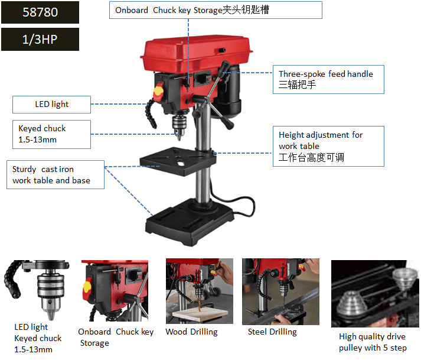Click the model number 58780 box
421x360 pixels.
pyautogui.click(x=40, y=12)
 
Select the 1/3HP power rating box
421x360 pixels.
pyautogui.click(x=40, y=39)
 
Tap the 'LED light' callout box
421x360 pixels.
pyautogui.click(x=51, y=105)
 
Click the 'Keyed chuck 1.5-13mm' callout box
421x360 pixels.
pyautogui.click(x=51, y=134)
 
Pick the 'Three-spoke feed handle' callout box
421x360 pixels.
pyautogui.click(x=328, y=80)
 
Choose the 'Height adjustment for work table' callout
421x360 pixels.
pyautogui.click(x=328, y=146)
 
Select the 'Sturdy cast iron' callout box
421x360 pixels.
pyautogui.click(x=56, y=175)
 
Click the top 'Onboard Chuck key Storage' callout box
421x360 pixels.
pyautogui.click(x=216, y=10)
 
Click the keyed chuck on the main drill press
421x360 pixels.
pyautogui.click(x=179, y=126)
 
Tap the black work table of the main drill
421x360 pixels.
pyautogui.click(x=178, y=161)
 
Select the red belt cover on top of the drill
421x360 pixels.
pyautogui.click(x=196, y=55)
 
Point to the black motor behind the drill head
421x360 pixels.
pyautogui.click(x=229, y=92)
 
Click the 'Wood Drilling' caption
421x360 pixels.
pyautogui.click(x=192, y=332)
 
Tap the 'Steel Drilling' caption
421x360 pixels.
pyautogui.click(x=272, y=332)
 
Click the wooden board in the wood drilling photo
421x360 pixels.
pyautogui.click(x=200, y=314)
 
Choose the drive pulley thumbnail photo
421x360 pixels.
pyautogui.click(x=375, y=294)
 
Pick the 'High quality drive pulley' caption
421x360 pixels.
pyautogui.click(x=373, y=342)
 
